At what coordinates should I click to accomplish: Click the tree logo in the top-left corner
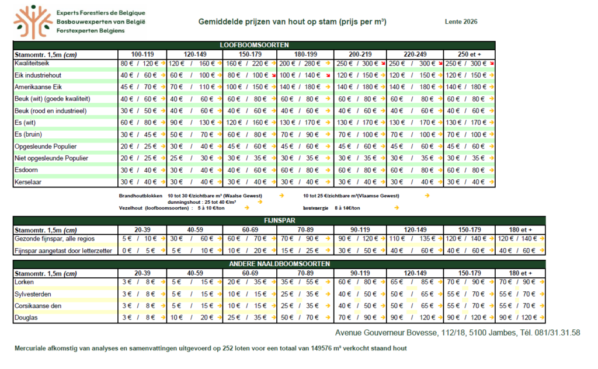coord(33,22)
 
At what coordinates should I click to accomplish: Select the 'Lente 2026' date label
coord(461,22)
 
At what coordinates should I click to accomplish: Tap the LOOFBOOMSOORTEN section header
coord(254,45)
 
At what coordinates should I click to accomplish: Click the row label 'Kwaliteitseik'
coord(32,63)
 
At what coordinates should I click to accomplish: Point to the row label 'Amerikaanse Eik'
coord(38,87)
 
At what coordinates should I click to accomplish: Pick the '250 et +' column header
coord(469,54)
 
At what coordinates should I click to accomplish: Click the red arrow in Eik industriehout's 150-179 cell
coord(274,75)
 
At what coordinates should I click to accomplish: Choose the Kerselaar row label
coord(28,182)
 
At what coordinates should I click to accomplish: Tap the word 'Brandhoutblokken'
coord(140,196)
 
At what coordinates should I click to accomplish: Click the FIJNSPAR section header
coord(280,220)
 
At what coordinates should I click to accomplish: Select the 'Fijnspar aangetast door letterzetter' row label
coord(63,251)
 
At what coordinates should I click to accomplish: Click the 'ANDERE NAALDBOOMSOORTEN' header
coord(279,264)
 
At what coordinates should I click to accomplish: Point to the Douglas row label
coord(26,318)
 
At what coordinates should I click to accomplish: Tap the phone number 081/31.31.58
coord(557,333)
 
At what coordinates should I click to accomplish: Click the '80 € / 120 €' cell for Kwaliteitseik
coord(139,63)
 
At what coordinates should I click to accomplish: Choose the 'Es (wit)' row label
coord(25,123)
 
